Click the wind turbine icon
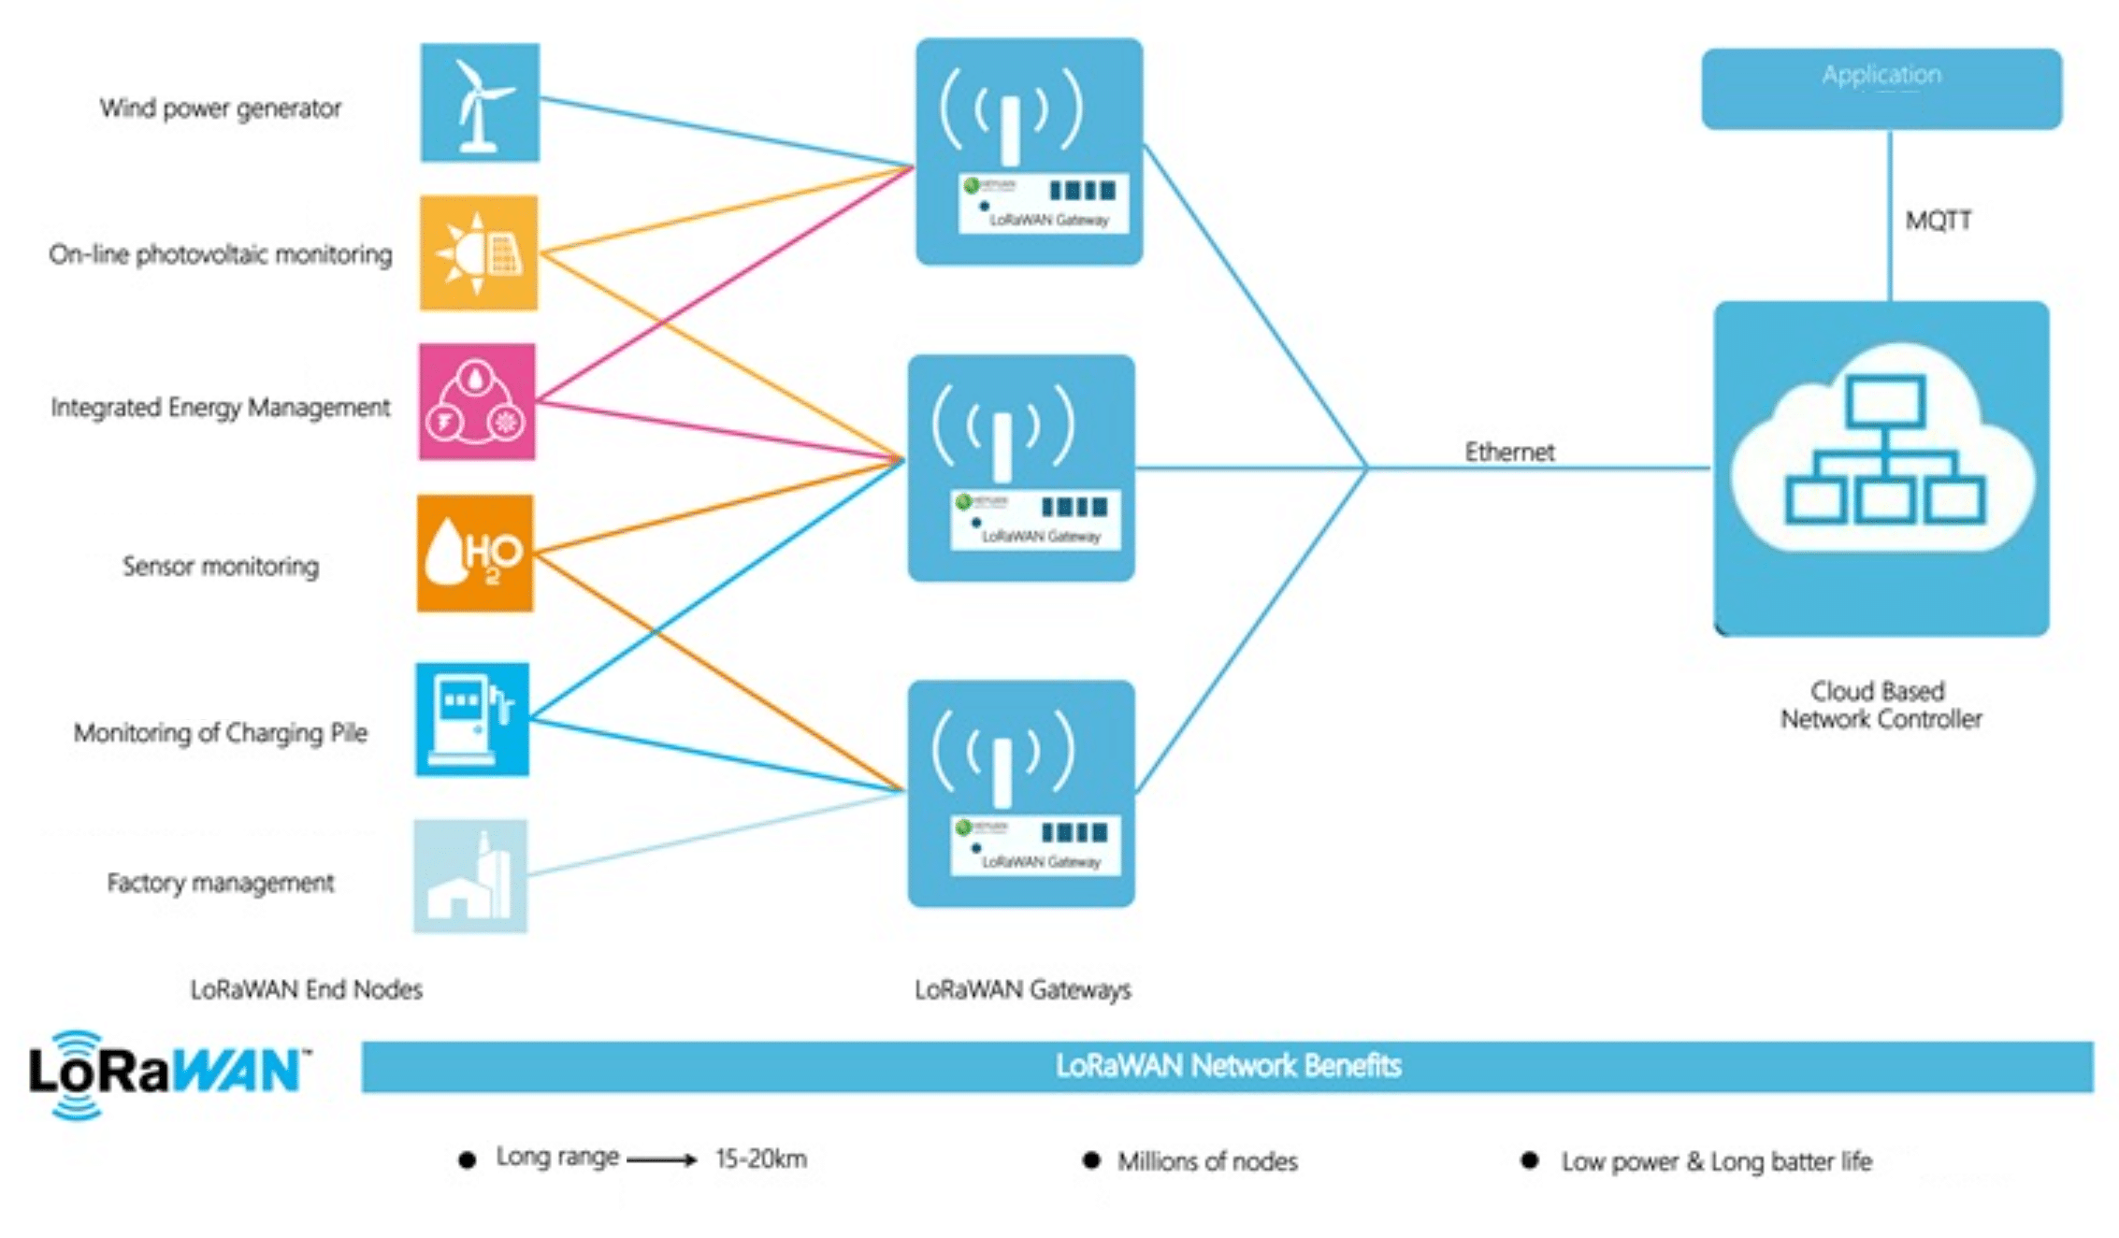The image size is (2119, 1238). (480, 103)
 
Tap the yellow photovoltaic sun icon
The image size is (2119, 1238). (478, 252)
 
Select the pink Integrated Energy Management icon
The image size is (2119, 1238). (477, 402)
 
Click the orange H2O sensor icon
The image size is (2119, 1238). (475, 554)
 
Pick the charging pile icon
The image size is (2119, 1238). (472, 719)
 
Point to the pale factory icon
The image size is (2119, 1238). (470, 876)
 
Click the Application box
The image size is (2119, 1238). (1881, 89)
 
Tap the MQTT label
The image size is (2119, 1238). (1939, 221)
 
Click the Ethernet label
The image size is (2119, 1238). (1509, 453)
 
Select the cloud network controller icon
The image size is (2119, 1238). (1881, 468)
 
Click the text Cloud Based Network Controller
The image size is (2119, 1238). (1880, 705)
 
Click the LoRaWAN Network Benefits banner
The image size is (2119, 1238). (1227, 1066)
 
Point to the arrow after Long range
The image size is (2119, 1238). (662, 1160)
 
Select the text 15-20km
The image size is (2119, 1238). (761, 1159)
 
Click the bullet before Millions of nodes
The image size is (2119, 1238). (1090, 1160)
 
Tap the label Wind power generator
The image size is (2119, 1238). (221, 108)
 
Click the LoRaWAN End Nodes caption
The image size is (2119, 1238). (306, 989)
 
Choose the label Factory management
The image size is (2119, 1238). (221, 883)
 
